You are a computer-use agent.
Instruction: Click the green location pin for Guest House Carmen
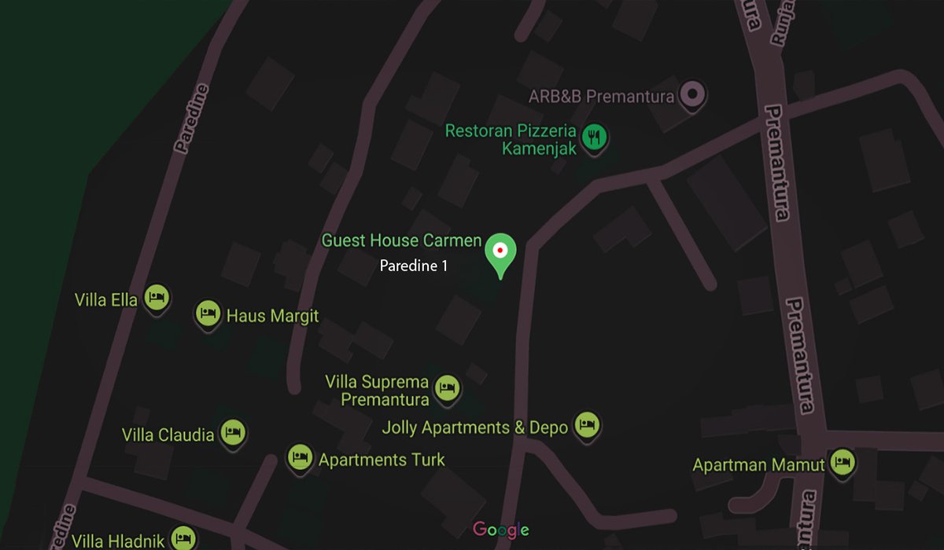pos(499,251)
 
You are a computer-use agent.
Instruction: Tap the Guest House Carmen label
pos(401,240)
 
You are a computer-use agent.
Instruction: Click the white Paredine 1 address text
pos(414,266)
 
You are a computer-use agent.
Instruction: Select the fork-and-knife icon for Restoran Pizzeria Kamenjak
pos(594,138)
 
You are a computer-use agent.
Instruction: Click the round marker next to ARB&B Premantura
pos(693,96)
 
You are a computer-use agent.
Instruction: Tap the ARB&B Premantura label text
pos(601,97)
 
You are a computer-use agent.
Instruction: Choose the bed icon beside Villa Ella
pos(157,298)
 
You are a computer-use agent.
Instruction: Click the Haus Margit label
pos(272,316)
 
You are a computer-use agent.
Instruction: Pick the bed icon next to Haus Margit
pos(208,313)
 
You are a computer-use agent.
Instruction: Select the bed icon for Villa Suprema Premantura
pos(447,387)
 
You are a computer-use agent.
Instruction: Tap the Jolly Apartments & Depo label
pos(474,427)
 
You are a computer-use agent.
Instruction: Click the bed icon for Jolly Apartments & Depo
pos(586,425)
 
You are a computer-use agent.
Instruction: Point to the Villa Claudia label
pos(168,434)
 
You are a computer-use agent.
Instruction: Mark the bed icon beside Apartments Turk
pos(299,457)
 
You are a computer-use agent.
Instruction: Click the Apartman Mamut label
pos(758,465)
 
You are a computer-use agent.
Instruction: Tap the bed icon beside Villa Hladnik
pos(183,538)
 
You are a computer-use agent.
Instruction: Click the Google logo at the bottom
pos(500,530)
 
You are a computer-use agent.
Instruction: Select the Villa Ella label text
pos(106,299)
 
